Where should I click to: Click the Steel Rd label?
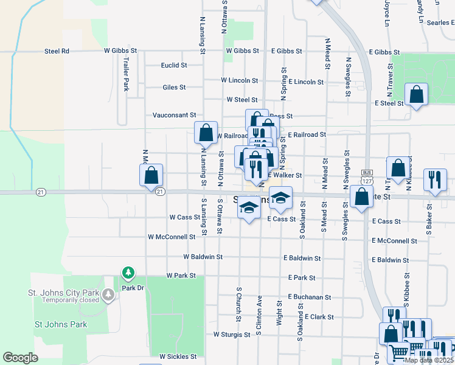[x=57, y=51]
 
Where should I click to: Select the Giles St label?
[x=174, y=88]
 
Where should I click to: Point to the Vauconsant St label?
[x=174, y=114]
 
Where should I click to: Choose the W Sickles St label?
[x=178, y=356]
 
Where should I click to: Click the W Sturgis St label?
[x=232, y=335]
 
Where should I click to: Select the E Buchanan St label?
[x=309, y=297]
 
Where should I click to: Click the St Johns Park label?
[x=61, y=324]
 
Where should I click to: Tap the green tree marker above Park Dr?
[x=128, y=272]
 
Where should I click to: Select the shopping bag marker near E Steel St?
[x=417, y=94]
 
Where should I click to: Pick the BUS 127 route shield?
[x=366, y=177]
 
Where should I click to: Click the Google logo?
[x=21, y=358]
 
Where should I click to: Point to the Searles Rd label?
[x=432, y=23]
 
